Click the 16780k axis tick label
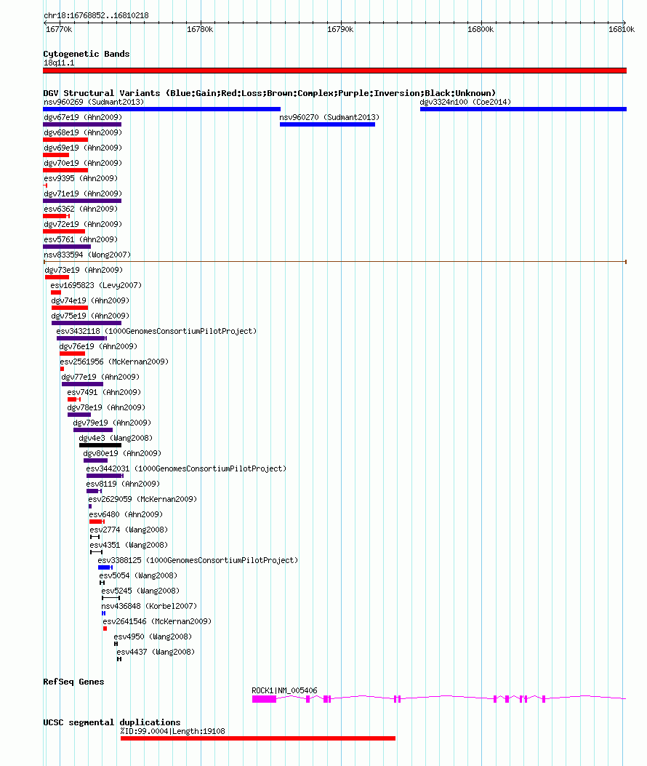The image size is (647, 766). (x=200, y=29)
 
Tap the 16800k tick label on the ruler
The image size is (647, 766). (x=481, y=29)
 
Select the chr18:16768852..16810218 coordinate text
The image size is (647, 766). (x=96, y=15)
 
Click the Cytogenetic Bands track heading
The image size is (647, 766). (x=87, y=54)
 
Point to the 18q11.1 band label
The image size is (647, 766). (x=59, y=63)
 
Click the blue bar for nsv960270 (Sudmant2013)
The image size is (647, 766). (x=327, y=124)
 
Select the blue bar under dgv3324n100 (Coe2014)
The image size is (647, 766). (x=523, y=109)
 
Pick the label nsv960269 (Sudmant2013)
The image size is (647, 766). (x=94, y=102)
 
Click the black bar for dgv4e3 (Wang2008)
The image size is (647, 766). (x=100, y=445)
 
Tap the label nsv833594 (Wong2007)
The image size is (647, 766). (x=87, y=255)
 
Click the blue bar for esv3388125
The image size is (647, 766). (x=105, y=567)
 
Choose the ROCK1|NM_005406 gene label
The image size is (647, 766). (x=284, y=690)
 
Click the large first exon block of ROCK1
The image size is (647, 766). (x=264, y=700)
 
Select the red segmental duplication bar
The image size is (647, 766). (x=258, y=738)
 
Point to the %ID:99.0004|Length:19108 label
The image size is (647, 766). (x=173, y=731)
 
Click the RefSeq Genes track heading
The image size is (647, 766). (x=73, y=682)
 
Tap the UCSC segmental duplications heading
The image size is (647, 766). (x=112, y=722)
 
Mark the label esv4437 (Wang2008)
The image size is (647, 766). (x=156, y=653)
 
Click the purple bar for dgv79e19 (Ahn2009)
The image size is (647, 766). (x=93, y=430)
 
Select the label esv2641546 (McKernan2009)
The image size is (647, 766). (x=157, y=621)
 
